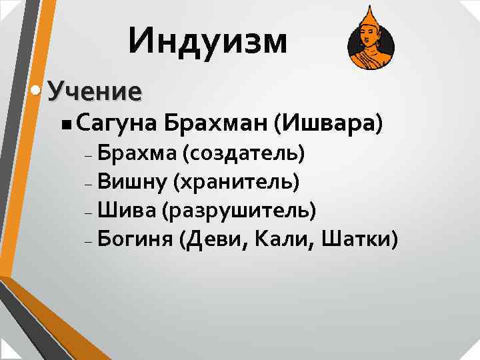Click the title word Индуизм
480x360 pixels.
[x=209, y=41]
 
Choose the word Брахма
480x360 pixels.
[x=135, y=154]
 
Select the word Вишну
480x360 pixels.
[x=132, y=181]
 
